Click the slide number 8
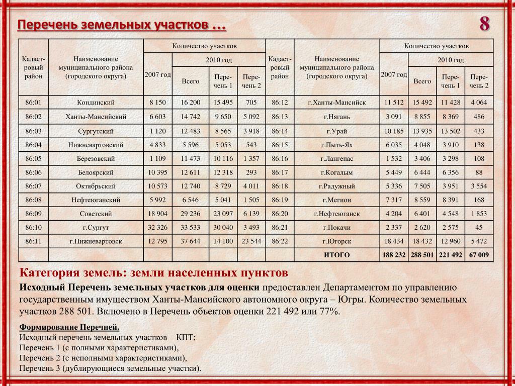pyautogui.click(x=484, y=24)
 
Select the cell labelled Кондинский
pyautogui.click(x=96, y=103)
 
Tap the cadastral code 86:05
pyautogui.click(x=33, y=158)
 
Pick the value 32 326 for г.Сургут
pyautogui.click(x=157, y=228)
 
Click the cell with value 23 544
pyautogui.click(x=251, y=241)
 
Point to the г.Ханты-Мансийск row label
pyautogui.click(x=336, y=103)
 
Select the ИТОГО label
pyautogui.click(x=336, y=255)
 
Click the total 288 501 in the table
pyautogui.click(x=422, y=255)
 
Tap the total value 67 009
pyautogui.click(x=479, y=255)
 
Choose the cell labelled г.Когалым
pyautogui.click(x=336, y=172)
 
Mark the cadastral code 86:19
pyautogui.click(x=279, y=200)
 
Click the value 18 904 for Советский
pyautogui.click(x=157, y=214)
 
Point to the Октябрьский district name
pyautogui.click(x=96, y=186)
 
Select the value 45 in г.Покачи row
pyautogui.click(x=479, y=228)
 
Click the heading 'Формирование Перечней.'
pyautogui.click(x=69, y=328)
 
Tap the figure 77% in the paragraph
pyautogui.click(x=330, y=312)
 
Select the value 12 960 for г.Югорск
pyautogui.click(x=451, y=241)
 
